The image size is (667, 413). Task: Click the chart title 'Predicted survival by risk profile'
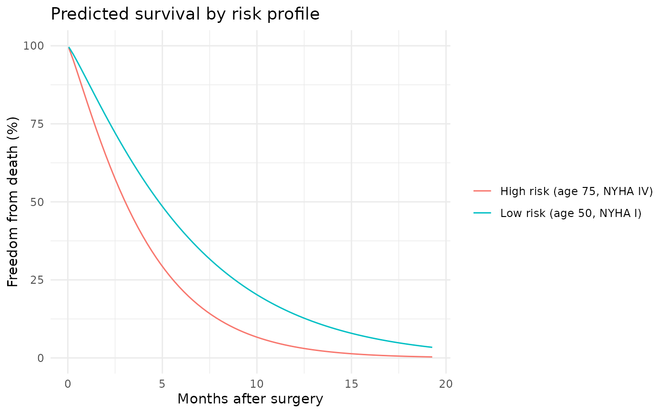click(185, 14)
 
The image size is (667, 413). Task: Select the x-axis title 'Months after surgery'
click(250, 399)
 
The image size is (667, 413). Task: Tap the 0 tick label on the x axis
click(68, 383)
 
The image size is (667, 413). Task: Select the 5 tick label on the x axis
click(162, 383)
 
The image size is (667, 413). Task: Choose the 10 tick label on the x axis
click(257, 383)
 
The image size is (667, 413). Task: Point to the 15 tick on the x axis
click(351, 383)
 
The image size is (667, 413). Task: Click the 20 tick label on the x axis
click(446, 383)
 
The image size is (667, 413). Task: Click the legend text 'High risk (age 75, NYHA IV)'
click(576, 191)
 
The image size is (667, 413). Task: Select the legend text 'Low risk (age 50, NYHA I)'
click(571, 213)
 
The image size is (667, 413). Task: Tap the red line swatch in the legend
click(482, 191)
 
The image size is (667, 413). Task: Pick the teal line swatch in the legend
click(482, 213)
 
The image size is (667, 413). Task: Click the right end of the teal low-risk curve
click(432, 347)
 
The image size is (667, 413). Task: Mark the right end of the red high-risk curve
click(432, 357)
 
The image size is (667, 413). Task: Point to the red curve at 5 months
click(162, 267)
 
